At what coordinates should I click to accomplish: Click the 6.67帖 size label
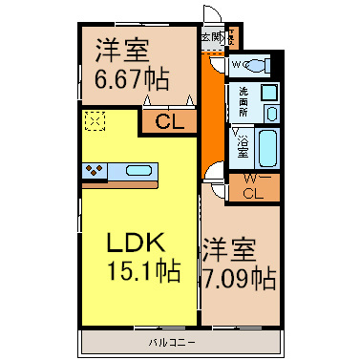(133, 76)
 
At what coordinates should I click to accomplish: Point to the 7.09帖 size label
(239, 278)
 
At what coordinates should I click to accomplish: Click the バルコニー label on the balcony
(166, 341)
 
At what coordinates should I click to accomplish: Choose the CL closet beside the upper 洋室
(169, 122)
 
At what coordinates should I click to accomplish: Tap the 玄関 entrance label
(210, 37)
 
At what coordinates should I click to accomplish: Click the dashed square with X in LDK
(95, 121)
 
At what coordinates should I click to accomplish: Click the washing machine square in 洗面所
(270, 94)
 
